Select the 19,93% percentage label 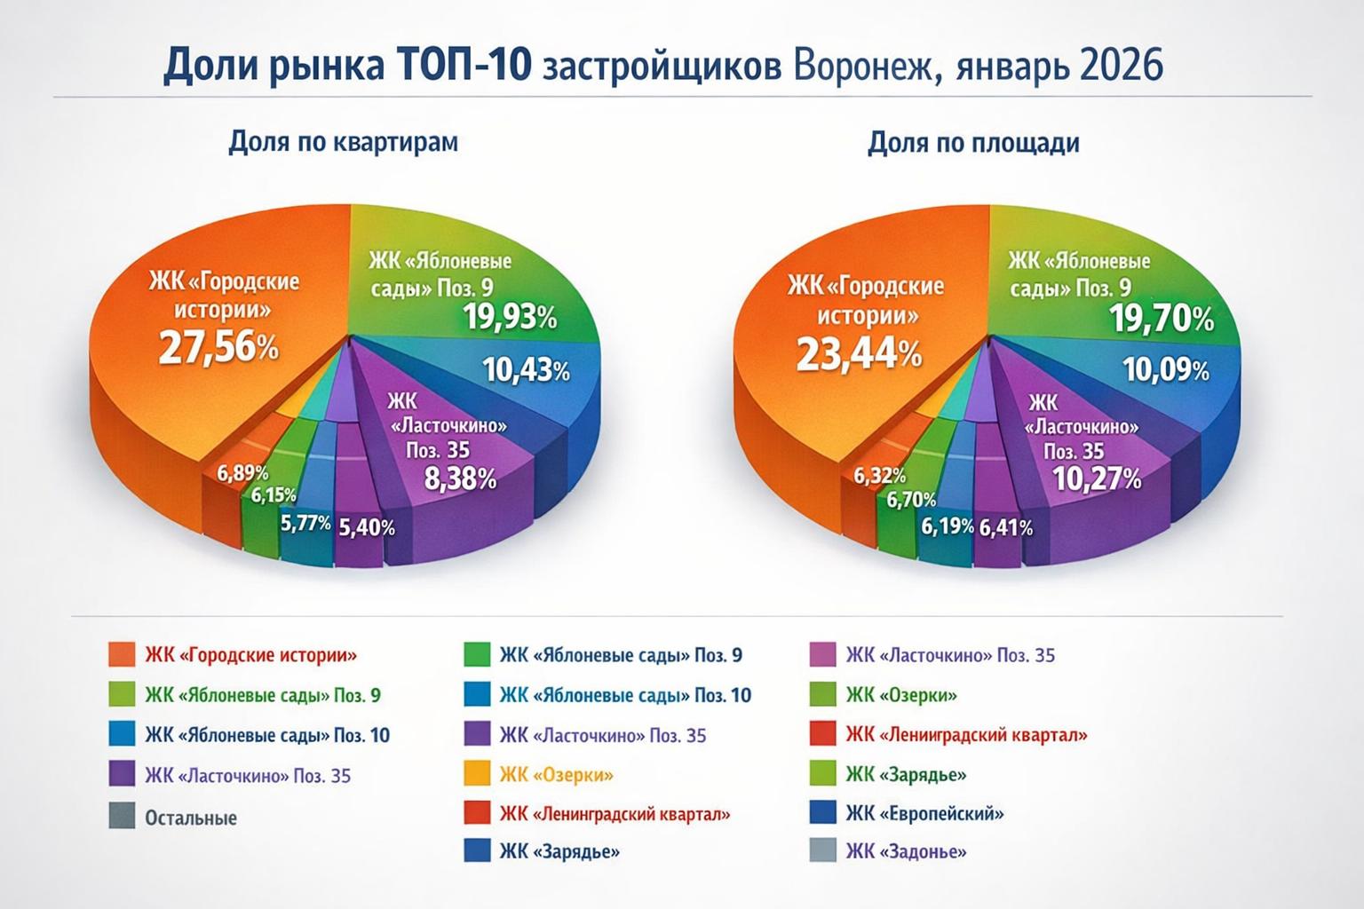tap(510, 317)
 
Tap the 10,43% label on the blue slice tap(527, 368)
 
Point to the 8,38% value tap(460, 479)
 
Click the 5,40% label tap(367, 527)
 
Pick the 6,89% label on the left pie tap(242, 473)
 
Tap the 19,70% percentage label tap(1162, 319)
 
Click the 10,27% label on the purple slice tap(1097, 479)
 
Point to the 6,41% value tap(1006, 528)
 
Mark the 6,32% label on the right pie tap(880, 477)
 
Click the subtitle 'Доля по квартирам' tap(344, 142)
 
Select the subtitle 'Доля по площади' tap(973, 143)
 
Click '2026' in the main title tap(1122, 67)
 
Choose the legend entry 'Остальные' tap(191, 818)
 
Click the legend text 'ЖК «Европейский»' tap(924, 813)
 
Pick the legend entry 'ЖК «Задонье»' tap(906, 852)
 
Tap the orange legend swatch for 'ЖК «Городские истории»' tap(122, 655)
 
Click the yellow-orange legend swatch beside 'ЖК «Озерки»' tap(477, 775)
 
